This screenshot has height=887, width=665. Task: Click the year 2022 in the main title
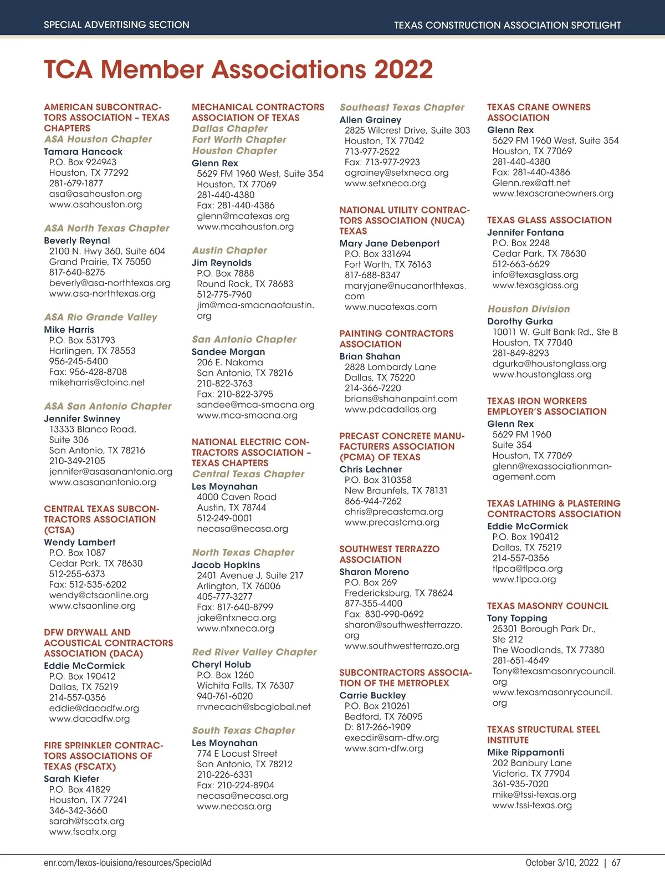click(403, 70)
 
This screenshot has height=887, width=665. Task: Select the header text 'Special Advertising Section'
click(116, 25)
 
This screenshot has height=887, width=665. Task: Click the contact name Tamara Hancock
click(83, 151)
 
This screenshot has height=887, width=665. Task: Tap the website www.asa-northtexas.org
click(102, 293)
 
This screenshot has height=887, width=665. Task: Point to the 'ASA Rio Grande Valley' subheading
click(100, 317)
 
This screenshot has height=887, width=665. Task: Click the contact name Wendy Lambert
click(80, 542)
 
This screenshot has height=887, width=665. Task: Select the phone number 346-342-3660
click(78, 810)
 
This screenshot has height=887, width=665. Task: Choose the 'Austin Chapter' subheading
click(229, 251)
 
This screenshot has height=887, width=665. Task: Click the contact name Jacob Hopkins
click(226, 565)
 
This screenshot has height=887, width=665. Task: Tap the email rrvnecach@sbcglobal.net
click(254, 707)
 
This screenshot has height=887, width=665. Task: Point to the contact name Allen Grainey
click(370, 120)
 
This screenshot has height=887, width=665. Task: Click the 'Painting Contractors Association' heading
click(396, 339)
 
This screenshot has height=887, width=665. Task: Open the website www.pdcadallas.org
click(390, 409)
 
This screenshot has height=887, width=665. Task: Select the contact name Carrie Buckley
click(372, 695)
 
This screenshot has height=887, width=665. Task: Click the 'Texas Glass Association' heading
click(549, 220)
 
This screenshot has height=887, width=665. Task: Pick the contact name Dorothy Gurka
click(520, 322)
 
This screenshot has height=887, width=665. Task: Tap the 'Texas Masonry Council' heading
click(548, 606)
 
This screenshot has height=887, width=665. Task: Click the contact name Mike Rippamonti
click(525, 752)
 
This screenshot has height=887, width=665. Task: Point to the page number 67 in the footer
click(616, 863)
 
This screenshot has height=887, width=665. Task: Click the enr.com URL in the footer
click(127, 863)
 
